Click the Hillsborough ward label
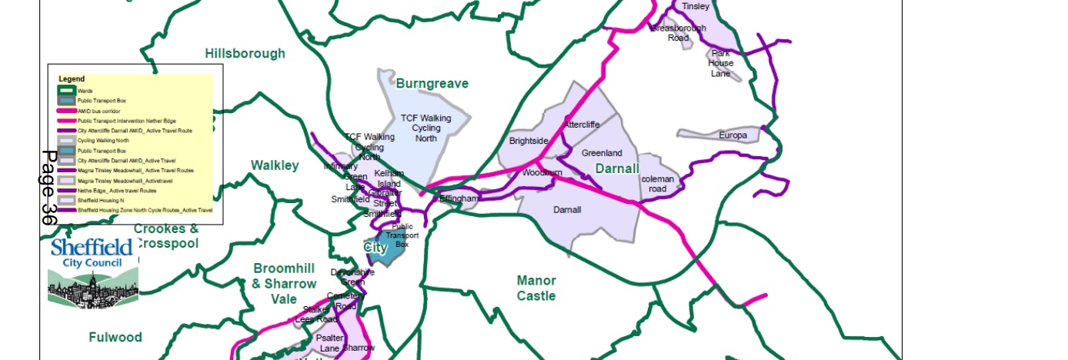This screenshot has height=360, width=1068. (245, 53)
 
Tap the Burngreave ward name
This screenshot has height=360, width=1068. (432, 83)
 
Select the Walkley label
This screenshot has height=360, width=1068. (275, 165)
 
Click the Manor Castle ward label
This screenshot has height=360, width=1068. (536, 288)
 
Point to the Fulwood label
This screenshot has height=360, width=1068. (115, 337)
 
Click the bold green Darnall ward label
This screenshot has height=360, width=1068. (617, 168)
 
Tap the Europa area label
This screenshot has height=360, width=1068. (733, 135)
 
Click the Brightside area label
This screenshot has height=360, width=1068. (529, 142)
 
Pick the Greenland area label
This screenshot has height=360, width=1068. (602, 153)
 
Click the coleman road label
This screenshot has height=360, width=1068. (658, 184)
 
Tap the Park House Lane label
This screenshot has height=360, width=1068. (721, 63)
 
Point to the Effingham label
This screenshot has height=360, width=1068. (459, 198)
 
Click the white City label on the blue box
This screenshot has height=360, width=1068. (375, 248)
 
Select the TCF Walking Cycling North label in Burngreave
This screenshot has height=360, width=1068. (426, 128)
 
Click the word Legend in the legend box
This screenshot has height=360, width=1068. (72, 79)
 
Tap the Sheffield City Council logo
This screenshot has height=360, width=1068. (93, 273)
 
